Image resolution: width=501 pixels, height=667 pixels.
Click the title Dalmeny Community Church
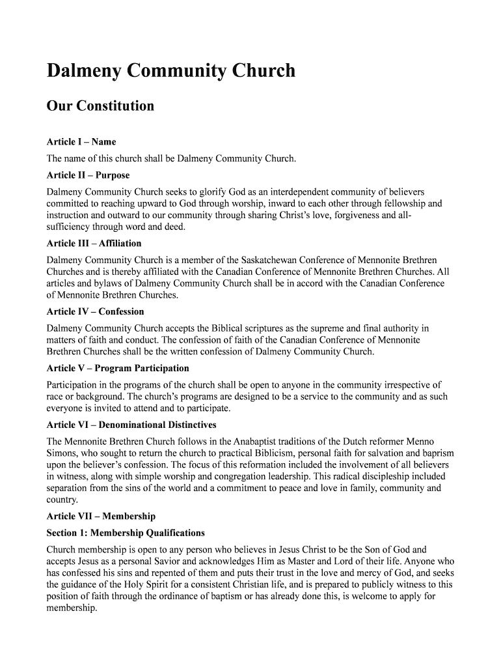pos(170,70)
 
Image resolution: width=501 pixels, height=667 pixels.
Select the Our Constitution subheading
pos(100,106)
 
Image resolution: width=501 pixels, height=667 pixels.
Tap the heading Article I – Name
pos(81,141)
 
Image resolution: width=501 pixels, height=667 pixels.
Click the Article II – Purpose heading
pos(88,175)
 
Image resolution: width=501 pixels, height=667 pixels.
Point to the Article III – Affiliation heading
pos(94,243)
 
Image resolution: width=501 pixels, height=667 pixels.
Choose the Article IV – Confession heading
pos(95,311)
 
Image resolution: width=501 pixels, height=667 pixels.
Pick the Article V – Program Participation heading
pos(118,368)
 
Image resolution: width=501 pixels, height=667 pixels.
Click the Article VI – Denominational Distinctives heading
pos(131,425)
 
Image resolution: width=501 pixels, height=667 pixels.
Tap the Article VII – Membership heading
pos(101,516)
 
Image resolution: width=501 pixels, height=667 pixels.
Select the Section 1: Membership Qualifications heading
pos(126,532)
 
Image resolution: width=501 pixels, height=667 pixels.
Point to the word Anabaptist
pos(260,442)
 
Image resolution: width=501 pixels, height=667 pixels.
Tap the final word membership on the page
pos(72,608)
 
